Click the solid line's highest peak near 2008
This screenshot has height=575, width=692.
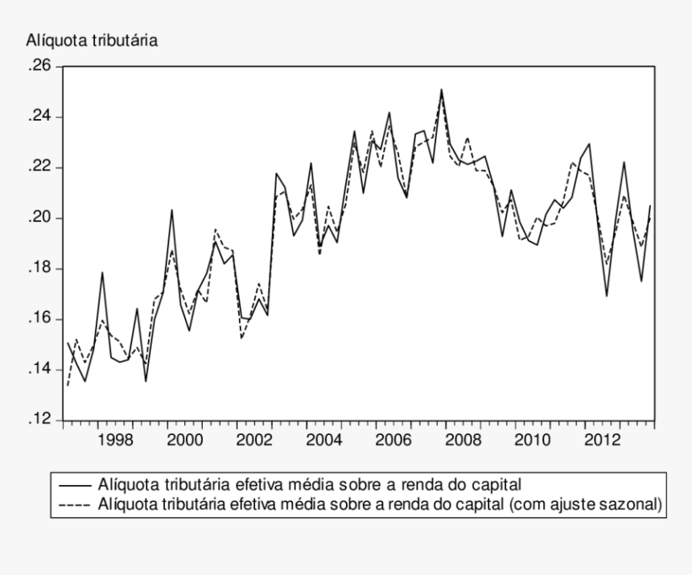tap(441, 90)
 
